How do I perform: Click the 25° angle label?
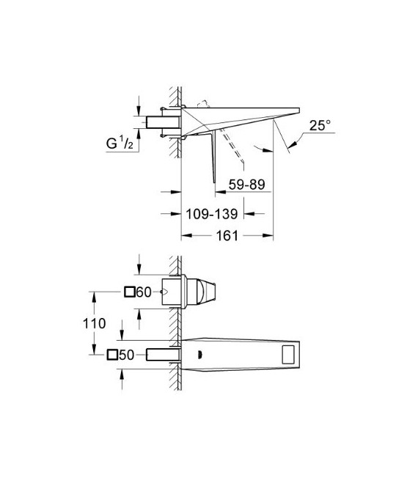tap(320, 126)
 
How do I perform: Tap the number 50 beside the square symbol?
tap(128, 355)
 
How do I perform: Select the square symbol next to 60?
tap(129, 292)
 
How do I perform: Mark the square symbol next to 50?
tap(112, 355)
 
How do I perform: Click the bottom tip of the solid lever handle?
tap(213, 182)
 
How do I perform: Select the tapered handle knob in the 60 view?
tap(208, 292)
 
